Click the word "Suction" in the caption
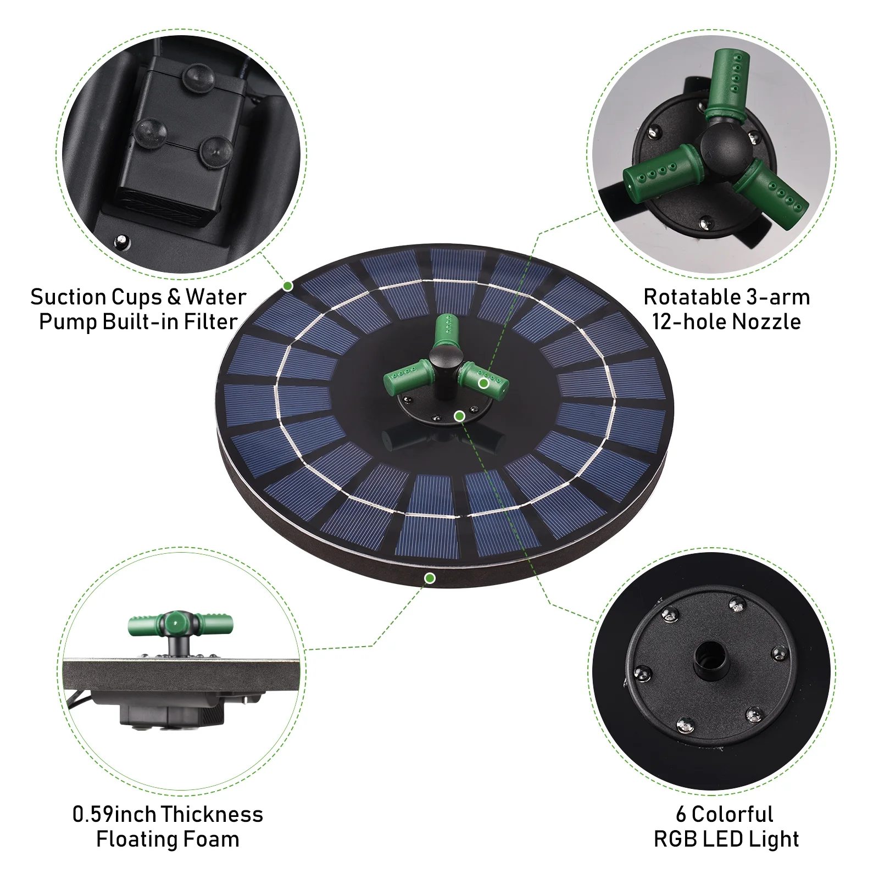pyautogui.click(x=68, y=297)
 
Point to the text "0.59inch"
pyautogui.click(x=114, y=814)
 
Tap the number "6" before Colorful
pyautogui.click(x=681, y=814)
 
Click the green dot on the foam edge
pyautogui.click(x=430, y=578)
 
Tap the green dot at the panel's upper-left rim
pyautogui.click(x=288, y=286)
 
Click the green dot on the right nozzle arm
pyautogui.click(x=483, y=383)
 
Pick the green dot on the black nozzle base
pyautogui.click(x=460, y=416)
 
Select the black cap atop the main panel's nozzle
pyautogui.click(x=446, y=355)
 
